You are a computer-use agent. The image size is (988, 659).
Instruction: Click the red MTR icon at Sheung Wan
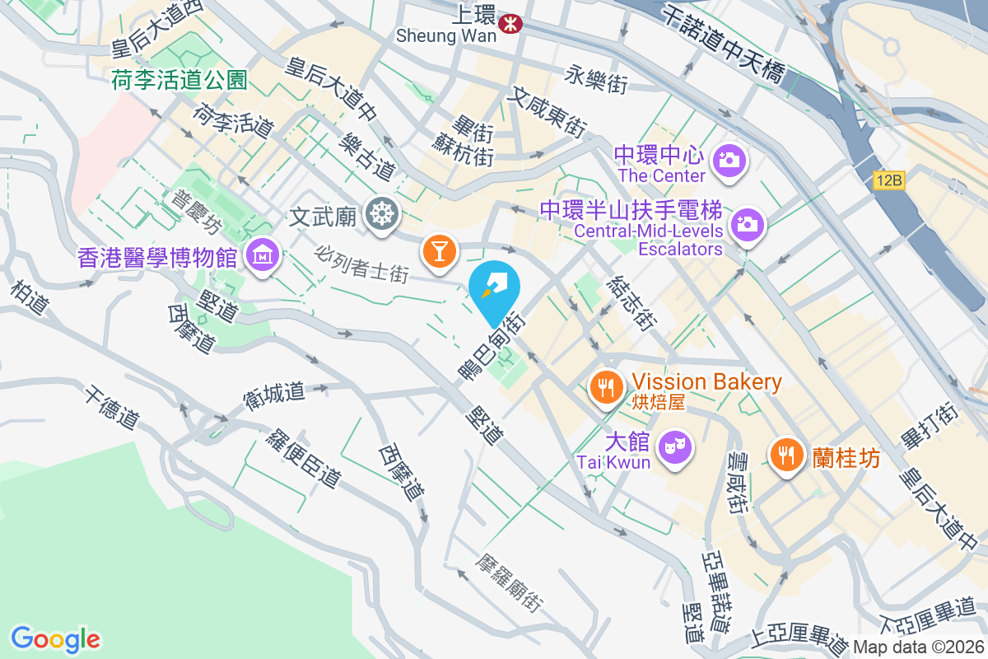(x=511, y=23)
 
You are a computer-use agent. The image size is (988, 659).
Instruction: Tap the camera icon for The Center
(x=729, y=159)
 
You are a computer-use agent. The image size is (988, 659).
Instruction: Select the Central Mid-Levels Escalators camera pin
(x=747, y=222)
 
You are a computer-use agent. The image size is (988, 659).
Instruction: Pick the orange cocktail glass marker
(x=440, y=249)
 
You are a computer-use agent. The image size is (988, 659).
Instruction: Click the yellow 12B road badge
(x=889, y=180)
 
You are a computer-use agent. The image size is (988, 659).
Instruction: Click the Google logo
(x=56, y=639)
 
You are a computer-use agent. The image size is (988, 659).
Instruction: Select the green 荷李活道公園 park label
(x=179, y=80)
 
